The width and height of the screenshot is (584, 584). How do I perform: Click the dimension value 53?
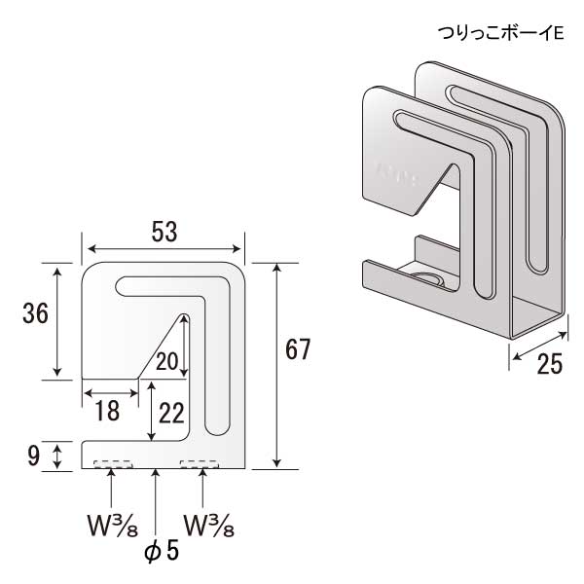[x=163, y=232]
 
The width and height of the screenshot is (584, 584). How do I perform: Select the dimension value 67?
[x=298, y=348]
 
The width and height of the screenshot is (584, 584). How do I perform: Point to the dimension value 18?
[x=107, y=411]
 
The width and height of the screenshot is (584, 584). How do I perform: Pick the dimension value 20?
[x=167, y=362]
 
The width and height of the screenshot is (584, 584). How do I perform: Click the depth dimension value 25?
[x=550, y=364]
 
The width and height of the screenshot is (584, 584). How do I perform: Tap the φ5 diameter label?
[x=162, y=550]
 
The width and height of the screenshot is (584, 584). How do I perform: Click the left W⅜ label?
[x=109, y=527]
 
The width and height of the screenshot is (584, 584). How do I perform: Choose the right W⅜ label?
[x=207, y=527]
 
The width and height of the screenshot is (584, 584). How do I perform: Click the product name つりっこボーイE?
[x=501, y=33]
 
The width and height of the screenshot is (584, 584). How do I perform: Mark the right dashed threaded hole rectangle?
[x=200, y=464]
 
